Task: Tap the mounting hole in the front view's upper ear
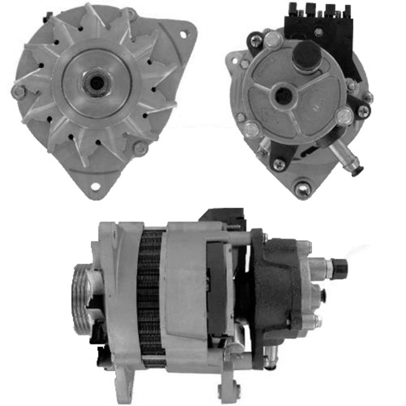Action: [184, 34]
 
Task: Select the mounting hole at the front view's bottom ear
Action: [96, 186]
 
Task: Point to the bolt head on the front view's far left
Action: [18, 92]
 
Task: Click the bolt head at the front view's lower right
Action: [140, 149]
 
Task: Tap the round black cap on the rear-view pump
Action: [307, 55]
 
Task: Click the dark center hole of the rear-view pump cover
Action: [283, 96]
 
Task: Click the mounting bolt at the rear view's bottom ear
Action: [303, 188]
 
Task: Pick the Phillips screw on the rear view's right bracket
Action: [363, 111]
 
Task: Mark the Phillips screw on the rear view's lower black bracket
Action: [279, 164]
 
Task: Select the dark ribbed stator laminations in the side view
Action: [150, 292]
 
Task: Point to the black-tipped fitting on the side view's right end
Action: [339, 268]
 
